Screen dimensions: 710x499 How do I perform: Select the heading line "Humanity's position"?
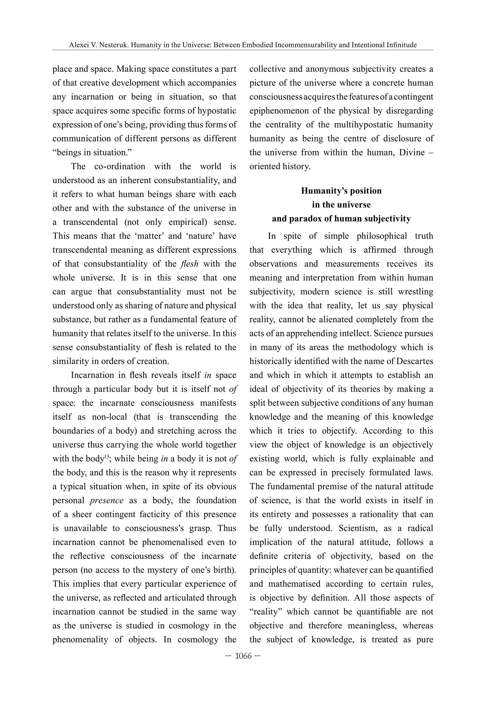point(341,191)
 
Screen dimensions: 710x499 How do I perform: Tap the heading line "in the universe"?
point(341,205)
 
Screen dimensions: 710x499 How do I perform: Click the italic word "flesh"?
point(189,264)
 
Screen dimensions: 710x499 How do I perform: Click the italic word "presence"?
point(106,500)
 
